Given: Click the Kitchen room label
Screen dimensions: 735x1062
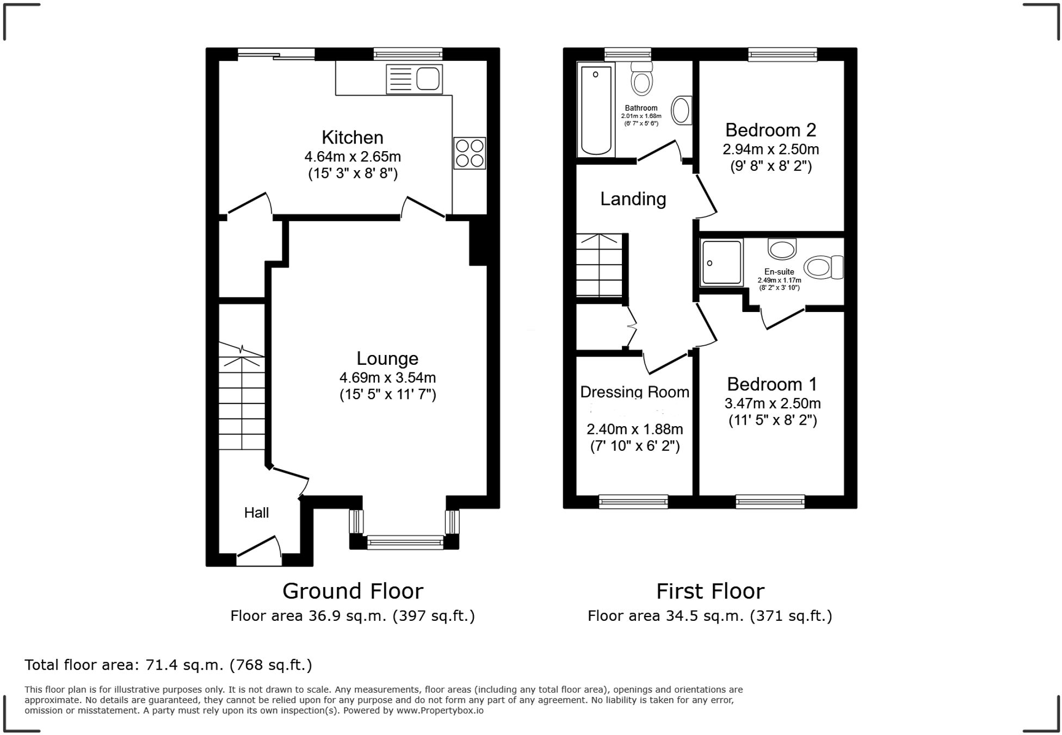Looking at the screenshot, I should (x=352, y=138).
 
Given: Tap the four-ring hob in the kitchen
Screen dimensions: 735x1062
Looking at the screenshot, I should (x=470, y=153).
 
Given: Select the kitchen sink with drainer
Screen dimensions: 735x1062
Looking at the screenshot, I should (x=414, y=79).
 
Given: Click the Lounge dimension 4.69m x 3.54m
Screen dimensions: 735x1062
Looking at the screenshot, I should (x=387, y=377).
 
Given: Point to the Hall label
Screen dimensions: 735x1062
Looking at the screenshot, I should (x=256, y=513).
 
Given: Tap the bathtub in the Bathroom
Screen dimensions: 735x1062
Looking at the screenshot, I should (x=596, y=110).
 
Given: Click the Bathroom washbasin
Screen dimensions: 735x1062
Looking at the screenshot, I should (x=681, y=110).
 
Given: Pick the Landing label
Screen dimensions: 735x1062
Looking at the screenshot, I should (x=633, y=199).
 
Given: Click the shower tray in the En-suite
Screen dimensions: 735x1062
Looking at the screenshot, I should (x=721, y=263).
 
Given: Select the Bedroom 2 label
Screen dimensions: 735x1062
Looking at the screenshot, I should (x=770, y=130).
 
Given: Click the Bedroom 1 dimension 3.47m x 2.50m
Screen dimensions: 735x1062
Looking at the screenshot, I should (x=772, y=403).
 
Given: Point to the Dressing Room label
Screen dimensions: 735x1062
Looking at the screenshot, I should (x=634, y=392).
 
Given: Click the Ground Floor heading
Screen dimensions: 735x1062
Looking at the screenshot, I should (x=353, y=591).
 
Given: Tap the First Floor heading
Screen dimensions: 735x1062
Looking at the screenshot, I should (x=710, y=591).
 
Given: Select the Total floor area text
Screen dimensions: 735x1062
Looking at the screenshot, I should (x=168, y=665).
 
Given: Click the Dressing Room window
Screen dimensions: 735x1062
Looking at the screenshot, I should (x=633, y=501).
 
